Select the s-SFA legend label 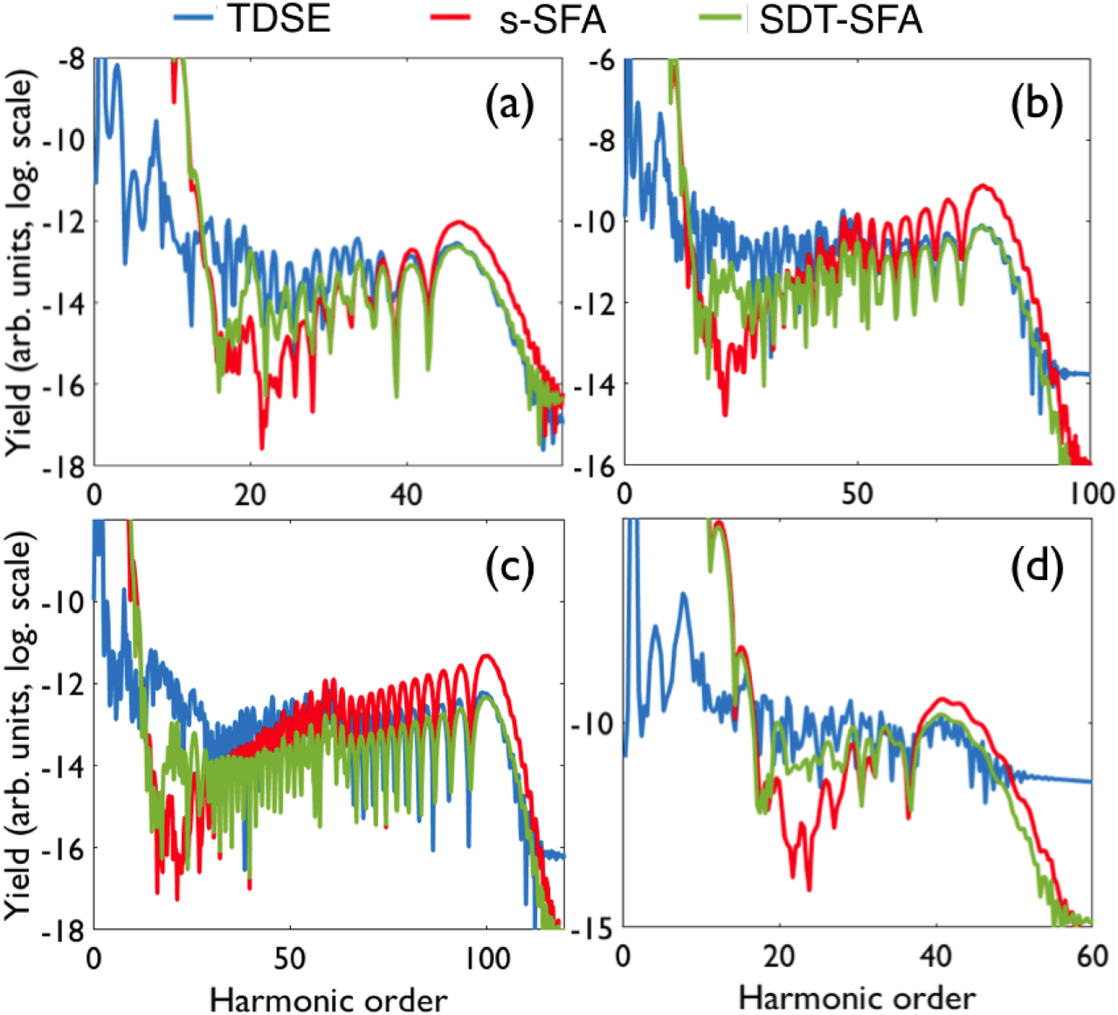pyautogui.click(x=552, y=21)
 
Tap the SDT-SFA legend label pyautogui.click(x=840, y=21)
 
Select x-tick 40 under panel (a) pyautogui.click(x=406, y=494)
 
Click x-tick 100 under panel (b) pyautogui.click(x=1090, y=494)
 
